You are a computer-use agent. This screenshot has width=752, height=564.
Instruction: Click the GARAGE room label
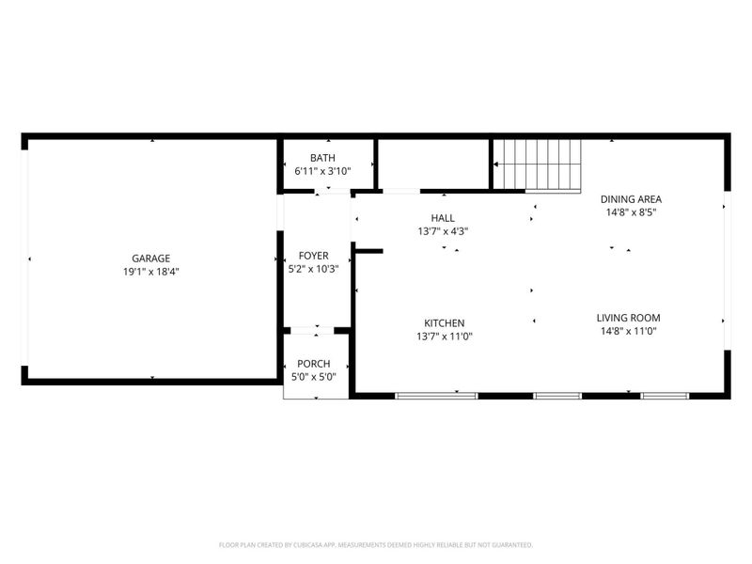pyautogui.click(x=150, y=258)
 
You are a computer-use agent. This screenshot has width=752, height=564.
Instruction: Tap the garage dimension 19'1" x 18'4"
pyautogui.click(x=150, y=272)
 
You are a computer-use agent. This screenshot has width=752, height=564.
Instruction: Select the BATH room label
pyautogui.click(x=322, y=158)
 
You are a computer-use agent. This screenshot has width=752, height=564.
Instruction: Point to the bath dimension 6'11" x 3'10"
pyautogui.click(x=322, y=172)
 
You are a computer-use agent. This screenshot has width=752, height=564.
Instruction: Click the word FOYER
pyautogui.click(x=313, y=256)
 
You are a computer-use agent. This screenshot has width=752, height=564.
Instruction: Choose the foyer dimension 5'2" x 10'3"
pyautogui.click(x=313, y=269)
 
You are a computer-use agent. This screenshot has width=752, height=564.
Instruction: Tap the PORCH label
pyautogui.click(x=313, y=364)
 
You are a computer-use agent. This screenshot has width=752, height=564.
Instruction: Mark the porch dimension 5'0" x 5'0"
pyautogui.click(x=313, y=377)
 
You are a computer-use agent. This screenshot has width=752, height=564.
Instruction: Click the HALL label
pyautogui.click(x=443, y=217)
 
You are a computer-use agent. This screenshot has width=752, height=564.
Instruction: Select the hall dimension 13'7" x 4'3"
pyautogui.click(x=443, y=231)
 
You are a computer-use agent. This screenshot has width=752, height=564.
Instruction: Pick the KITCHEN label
pyautogui.click(x=443, y=322)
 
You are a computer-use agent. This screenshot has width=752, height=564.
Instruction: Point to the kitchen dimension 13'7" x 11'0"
pyautogui.click(x=443, y=337)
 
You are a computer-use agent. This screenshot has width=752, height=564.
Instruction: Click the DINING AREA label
pyautogui.click(x=631, y=198)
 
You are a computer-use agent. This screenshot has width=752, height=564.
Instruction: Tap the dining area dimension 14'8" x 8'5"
pyautogui.click(x=631, y=212)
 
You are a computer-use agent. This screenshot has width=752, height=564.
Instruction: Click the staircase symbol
pyautogui.click(x=539, y=164)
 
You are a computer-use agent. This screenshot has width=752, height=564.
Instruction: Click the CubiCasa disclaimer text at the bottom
pyautogui.click(x=376, y=544)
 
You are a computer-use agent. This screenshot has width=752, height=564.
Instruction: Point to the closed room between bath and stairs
pyautogui.click(x=432, y=164)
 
